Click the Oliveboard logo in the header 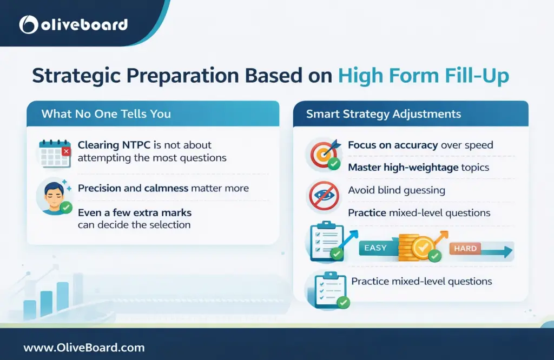(x=73, y=24)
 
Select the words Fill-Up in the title (x=476, y=76)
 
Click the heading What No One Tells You (x=106, y=114)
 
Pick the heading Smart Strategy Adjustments (x=383, y=114)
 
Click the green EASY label (x=375, y=248)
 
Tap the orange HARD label (x=465, y=249)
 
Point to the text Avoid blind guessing (x=397, y=190)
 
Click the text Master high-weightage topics (x=418, y=168)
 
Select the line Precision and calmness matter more (x=163, y=189)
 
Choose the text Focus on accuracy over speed (x=420, y=145)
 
